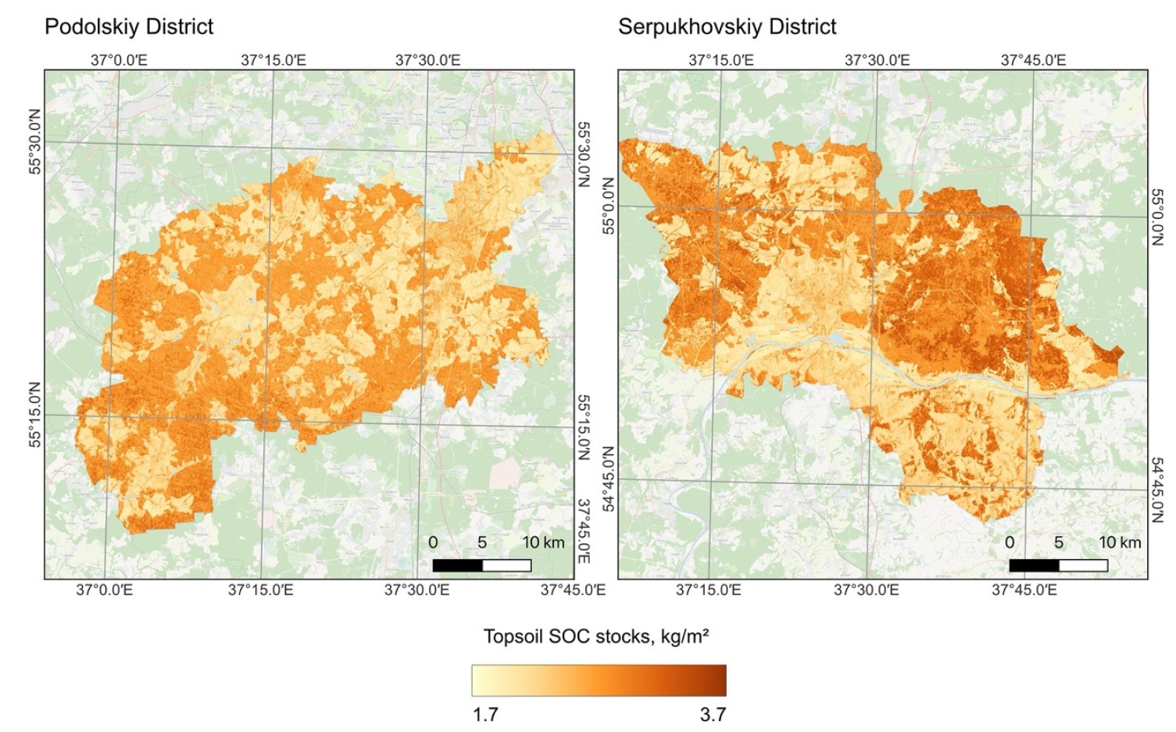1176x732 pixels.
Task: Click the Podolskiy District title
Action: pyautogui.click(x=129, y=27)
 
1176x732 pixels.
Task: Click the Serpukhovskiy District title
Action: pyautogui.click(x=727, y=27)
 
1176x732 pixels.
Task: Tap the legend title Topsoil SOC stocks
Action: pyautogui.click(x=595, y=636)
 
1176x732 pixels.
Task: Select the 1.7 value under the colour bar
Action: pyautogui.click(x=485, y=714)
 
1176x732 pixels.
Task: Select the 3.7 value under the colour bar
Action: pyautogui.click(x=712, y=714)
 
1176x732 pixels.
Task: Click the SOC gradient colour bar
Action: pyautogui.click(x=599, y=680)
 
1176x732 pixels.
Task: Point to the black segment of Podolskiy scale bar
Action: pyautogui.click(x=457, y=565)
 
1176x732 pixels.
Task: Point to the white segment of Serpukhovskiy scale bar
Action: pyautogui.click(x=1083, y=565)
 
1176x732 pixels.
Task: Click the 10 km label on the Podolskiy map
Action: pyautogui.click(x=543, y=543)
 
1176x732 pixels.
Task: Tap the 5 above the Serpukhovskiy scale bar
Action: pyautogui.click(x=1058, y=543)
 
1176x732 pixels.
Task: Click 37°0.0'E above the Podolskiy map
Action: pyautogui.click(x=119, y=60)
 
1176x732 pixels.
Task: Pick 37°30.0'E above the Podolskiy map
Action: pyautogui.click(x=427, y=60)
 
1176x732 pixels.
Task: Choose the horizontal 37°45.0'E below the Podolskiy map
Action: pyautogui.click(x=573, y=590)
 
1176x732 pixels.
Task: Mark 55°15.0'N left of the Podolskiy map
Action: pyautogui.click(x=34, y=414)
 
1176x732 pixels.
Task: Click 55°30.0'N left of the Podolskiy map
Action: pyautogui.click(x=34, y=142)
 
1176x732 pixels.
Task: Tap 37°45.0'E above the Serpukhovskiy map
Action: pyautogui.click(x=1033, y=60)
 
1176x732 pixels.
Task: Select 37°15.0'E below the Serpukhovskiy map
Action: pyautogui.click(x=708, y=590)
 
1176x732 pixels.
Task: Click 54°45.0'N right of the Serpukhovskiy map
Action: pyautogui.click(x=1158, y=490)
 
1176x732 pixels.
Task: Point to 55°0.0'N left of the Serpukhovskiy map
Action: pyautogui.click(x=609, y=206)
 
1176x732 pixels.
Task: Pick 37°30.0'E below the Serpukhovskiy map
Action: pyautogui.click(x=866, y=590)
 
